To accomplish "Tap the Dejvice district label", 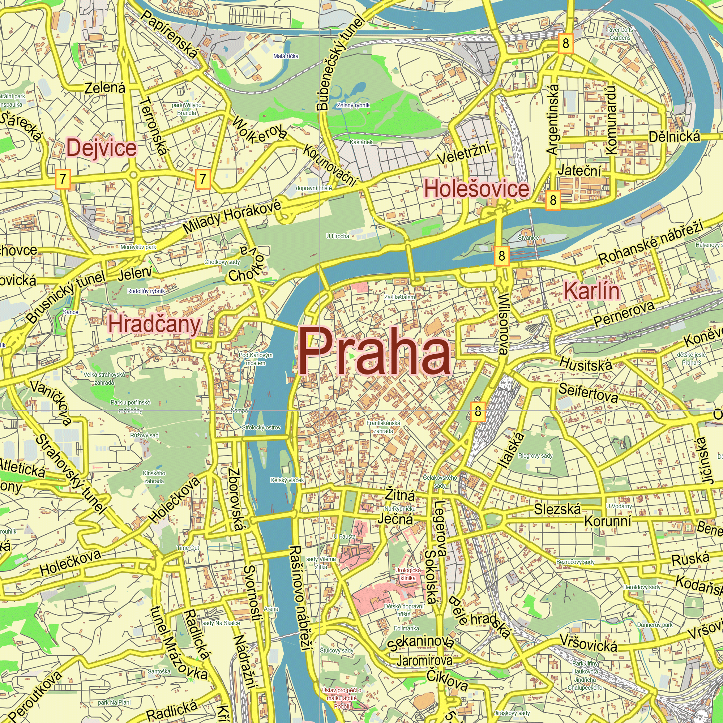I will (x=102, y=148).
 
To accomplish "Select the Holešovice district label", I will (x=476, y=189).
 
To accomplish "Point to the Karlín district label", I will (x=591, y=291).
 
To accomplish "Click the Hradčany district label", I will (x=155, y=324).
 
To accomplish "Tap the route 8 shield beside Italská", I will (x=478, y=412).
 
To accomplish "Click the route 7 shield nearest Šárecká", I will (x=63, y=179).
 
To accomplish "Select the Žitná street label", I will (x=400, y=496).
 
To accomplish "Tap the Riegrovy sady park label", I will (x=535, y=456).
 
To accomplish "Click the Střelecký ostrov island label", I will (x=261, y=427).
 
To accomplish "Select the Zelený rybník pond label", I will (x=353, y=106).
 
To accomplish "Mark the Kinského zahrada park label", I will (x=154, y=477).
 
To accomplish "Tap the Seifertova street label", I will (x=588, y=393).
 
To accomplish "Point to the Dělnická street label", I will (x=674, y=137).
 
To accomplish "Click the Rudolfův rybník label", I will (x=146, y=291).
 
